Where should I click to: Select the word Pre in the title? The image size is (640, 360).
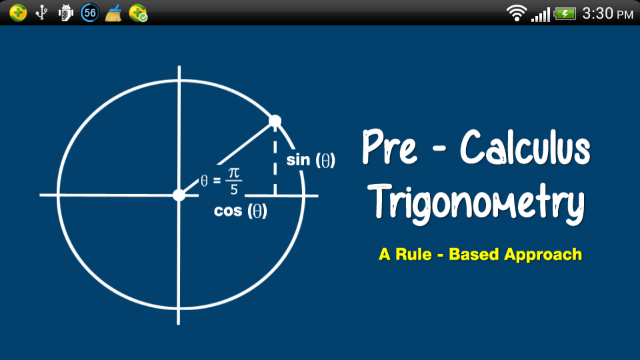click(390, 147)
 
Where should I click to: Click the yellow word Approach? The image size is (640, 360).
click(543, 255)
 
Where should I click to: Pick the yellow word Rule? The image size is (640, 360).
click(413, 254)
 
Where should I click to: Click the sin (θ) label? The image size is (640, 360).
click(311, 160)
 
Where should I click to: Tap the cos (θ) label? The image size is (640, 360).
click(241, 211)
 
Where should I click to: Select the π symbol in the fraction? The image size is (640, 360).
click(233, 173)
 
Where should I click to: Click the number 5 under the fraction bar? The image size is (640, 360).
click(234, 189)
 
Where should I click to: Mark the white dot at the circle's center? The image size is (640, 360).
click(179, 195)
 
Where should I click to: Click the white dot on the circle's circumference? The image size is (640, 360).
click(275, 121)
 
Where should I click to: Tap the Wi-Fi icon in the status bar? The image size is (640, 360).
click(516, 13)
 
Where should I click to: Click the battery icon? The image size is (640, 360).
click(565, 14)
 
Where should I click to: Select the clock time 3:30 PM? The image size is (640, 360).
click(607, 13)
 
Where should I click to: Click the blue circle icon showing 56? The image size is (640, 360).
click(90, 13)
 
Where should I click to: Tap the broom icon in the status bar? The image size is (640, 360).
click(113, 13)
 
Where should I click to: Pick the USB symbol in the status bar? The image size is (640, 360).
click(41, 13)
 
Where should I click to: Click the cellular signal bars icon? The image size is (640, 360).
click(541, 15)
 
